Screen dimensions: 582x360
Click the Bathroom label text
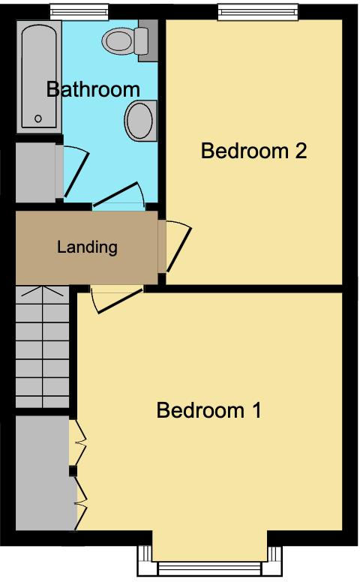pyautogui.click(x=93, y=89)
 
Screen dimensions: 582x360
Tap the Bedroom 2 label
pyautogui.click(x=254, y=151)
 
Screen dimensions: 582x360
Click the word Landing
pyautogui.click(x=88, y=247)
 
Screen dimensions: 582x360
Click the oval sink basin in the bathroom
pyautogui.click(x=139, y=121)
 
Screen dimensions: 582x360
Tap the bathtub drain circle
pyautogui.click(x=38, y=118)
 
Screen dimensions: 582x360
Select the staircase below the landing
pyautogui.click(x=42, y=346)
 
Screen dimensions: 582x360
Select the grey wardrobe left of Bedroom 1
pyautogui.click(x=41, y=471)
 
